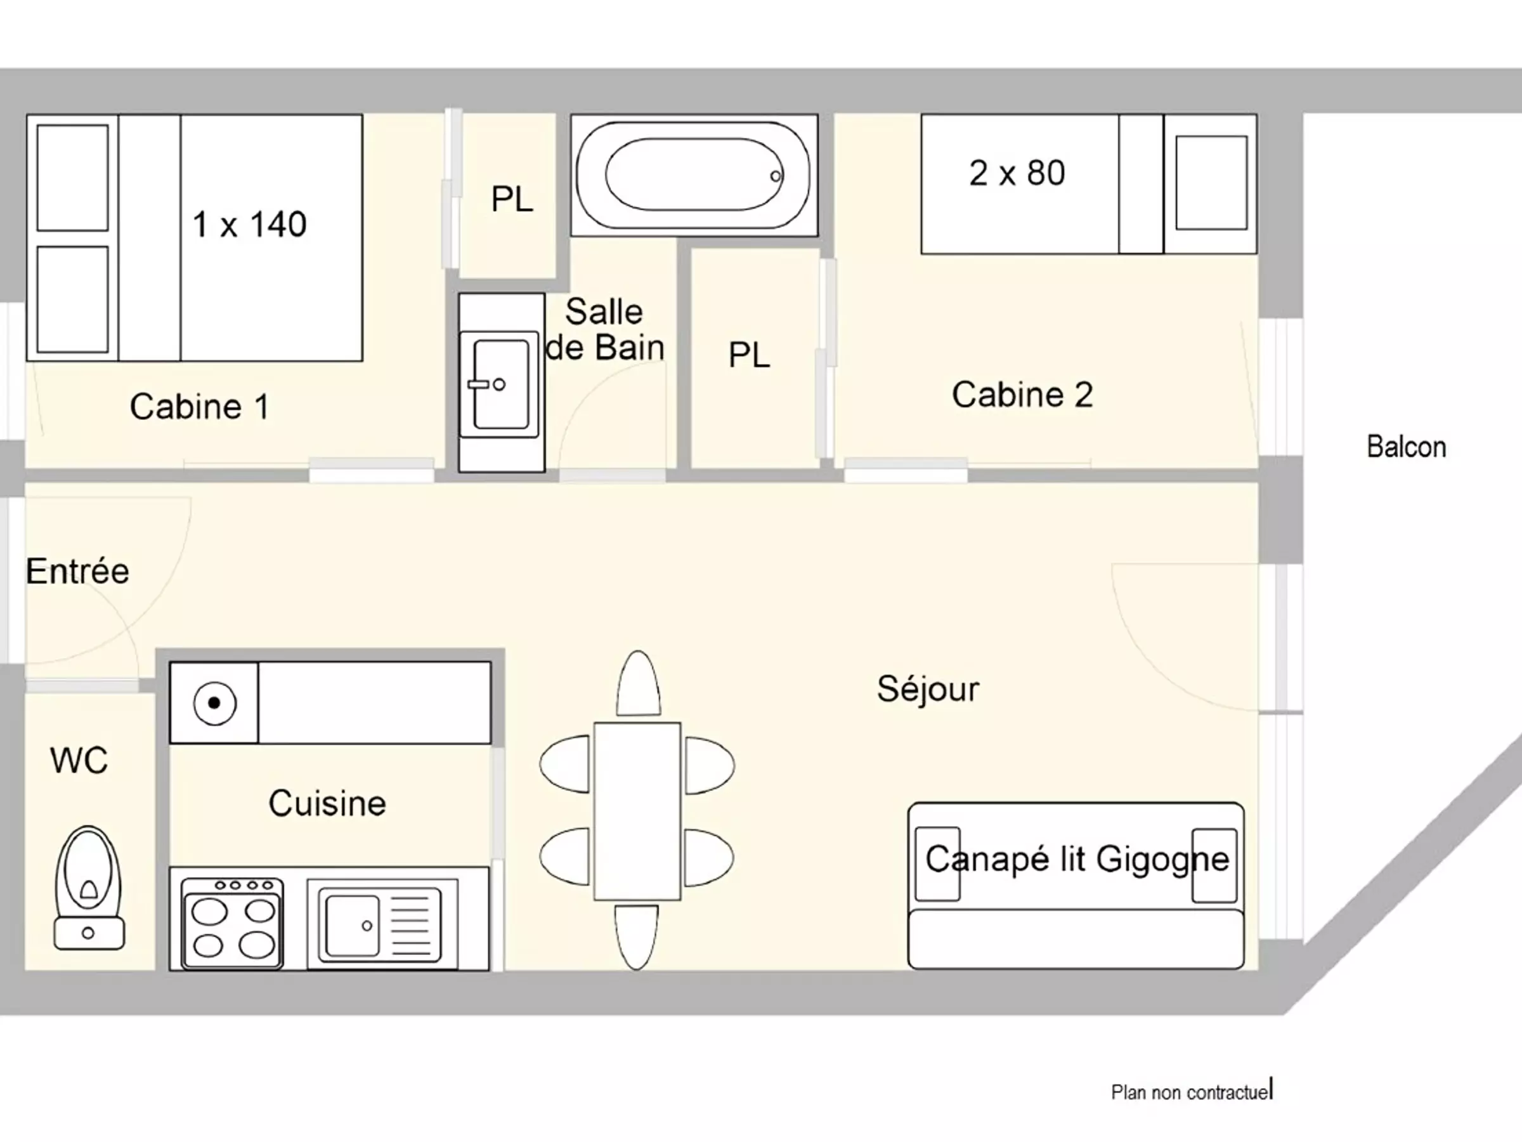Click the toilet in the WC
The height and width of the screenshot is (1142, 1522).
[89, 888]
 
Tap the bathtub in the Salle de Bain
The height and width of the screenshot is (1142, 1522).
[694, 176]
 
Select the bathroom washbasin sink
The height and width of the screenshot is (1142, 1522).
[500, 384]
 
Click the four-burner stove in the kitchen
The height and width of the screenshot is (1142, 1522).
[233, 923]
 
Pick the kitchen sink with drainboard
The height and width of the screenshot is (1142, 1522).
[382, 924]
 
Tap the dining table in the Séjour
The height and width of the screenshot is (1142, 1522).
[637, 811]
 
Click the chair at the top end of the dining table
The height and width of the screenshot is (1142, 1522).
[638, 683]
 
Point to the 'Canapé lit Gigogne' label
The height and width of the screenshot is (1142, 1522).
[1077, 858]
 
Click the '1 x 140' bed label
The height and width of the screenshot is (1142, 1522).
[249, 225]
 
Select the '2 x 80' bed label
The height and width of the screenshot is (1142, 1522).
[1017, 173]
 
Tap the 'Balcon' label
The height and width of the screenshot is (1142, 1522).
[1406, 447]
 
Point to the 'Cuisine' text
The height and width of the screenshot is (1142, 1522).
[327, 803]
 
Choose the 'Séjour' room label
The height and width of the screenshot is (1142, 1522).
[928, 689]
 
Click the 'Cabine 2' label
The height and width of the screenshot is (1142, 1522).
[1022, 395]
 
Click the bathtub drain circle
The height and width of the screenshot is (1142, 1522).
[776, 176]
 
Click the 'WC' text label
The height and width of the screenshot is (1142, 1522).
[79, 761]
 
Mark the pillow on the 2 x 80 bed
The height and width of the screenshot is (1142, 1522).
[1211, 183]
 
